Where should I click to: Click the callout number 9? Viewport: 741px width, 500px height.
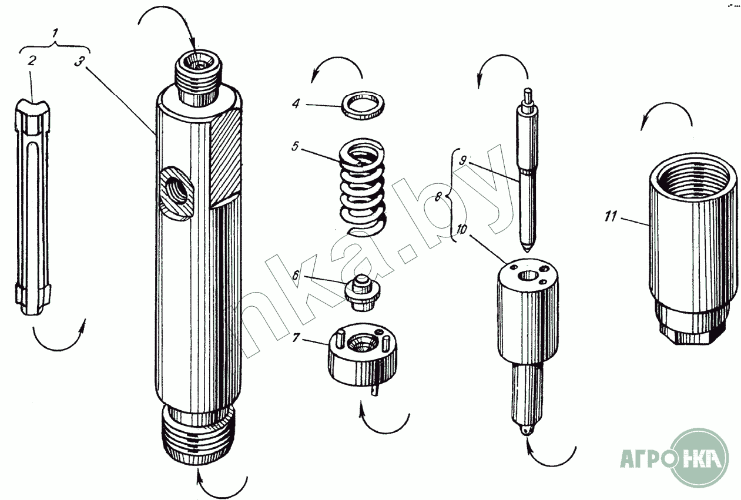(463, 159)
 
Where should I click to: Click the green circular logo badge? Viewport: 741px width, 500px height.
(699, 458)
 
